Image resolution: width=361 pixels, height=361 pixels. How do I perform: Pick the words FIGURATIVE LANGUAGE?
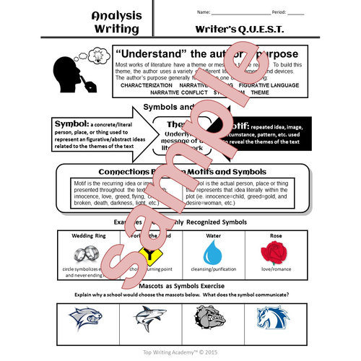[x=279, y=84]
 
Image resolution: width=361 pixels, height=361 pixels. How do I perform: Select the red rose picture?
[x=274, y=253]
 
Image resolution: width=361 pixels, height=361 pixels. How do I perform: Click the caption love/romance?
[x=274, y=271]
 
